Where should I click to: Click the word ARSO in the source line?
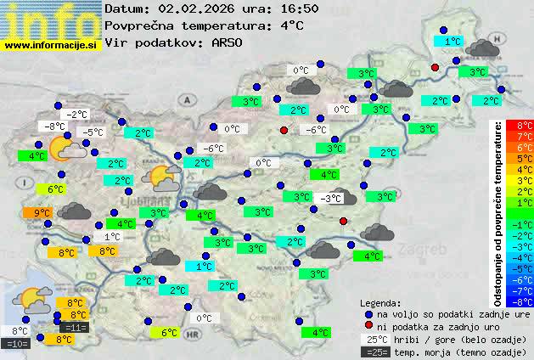coord(228,42)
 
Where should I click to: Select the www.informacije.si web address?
coord(51,44)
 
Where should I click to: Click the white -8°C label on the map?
coord(55,127)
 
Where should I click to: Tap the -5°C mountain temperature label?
coord(91,132)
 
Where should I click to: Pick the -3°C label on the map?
coord(330,198)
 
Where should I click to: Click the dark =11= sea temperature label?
coord(75,327)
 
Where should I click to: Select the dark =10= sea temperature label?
coord(17,343)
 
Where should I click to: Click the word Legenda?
coord(381,302)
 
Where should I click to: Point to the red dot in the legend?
coord(368,325)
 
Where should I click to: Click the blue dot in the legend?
coord(368,313)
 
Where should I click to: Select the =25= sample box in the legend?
coord(377,352)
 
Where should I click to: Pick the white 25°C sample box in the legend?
coord(377,339)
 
